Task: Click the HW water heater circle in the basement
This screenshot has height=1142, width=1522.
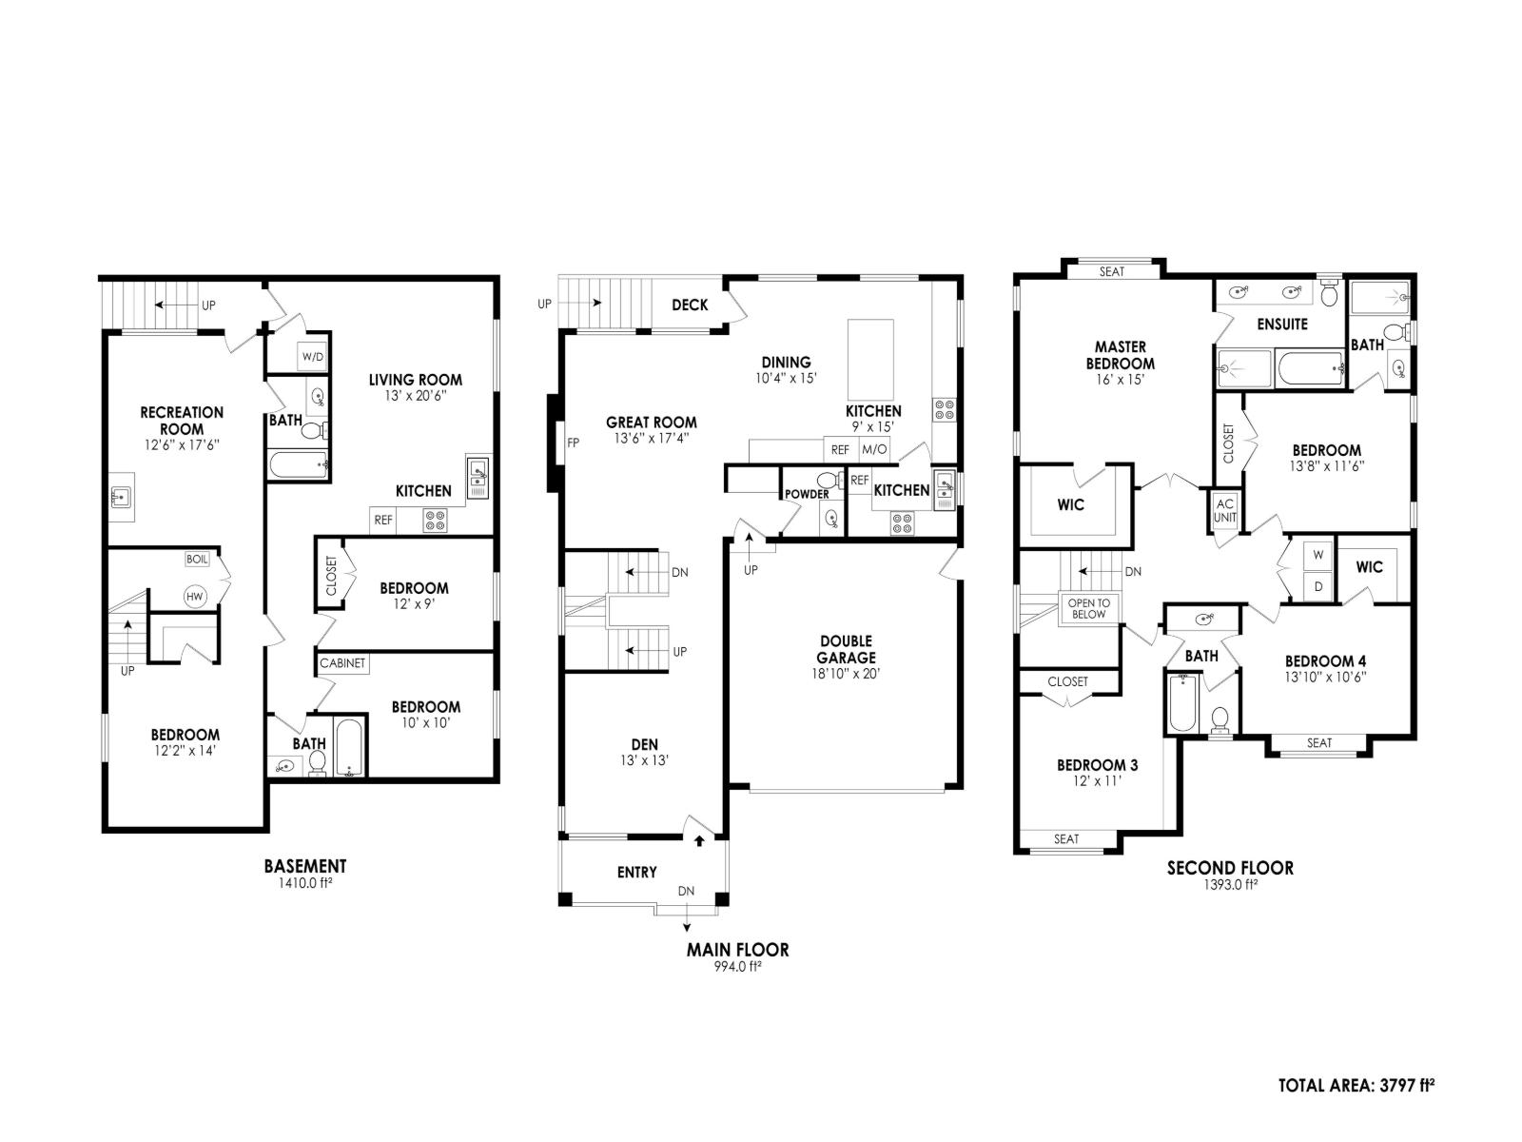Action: pyautogui.click(x=195, y=597)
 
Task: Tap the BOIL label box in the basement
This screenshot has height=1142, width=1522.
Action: pyautogui.click(x=197, y=560)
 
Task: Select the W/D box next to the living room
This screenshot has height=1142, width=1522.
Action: pyautogui.click(x=313, y=357)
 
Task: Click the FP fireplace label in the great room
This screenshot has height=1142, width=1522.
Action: pyautogui.click(x=573, y=443)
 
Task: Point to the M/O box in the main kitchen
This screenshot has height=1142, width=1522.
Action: pyautogui.click(x=874, y=450)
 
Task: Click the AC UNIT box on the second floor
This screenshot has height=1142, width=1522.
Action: pyautogui.click(x=1225, y=511)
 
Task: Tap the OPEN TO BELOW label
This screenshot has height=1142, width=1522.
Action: pyautogui.click(x=1089, y=609)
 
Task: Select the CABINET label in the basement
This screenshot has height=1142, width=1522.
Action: pyautogui.click(x=342, y=663)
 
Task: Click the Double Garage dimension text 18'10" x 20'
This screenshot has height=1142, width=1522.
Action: pyautogui.click(x=846, y=674)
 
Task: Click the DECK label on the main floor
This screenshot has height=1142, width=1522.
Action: pyautogui.click(x=690, y=305)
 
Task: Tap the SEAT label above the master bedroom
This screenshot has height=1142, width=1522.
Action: pyautogui.click(x=1112, y=272)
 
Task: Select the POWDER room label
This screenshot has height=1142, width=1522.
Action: pyautogui.click(x=807, y=495)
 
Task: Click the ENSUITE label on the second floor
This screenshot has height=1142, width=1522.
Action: pyautogui.click(x=1282, y=325)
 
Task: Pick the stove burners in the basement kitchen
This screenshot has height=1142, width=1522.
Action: pyautogui.click(x=435, y=521)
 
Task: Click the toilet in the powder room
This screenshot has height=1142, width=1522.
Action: pyautogui.click(x=827, y=480)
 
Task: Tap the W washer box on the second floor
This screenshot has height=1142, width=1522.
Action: pyautogui.click(x=1318, y=554)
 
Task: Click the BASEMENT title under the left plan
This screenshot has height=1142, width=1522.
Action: pyautogui.click(x=305, y=866)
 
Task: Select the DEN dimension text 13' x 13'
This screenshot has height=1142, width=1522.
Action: pyautogui.click(x=645, y=760)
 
